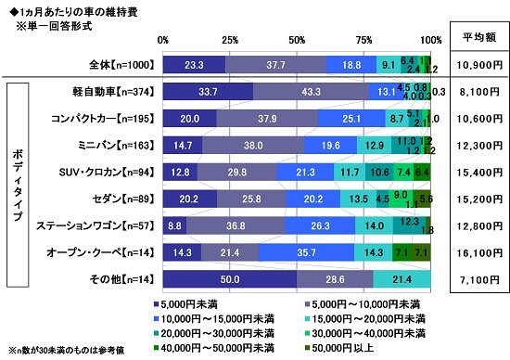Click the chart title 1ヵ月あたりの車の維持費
64,8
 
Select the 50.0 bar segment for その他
230,279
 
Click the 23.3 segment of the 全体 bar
194,65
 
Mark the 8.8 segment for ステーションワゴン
174,225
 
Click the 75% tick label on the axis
364,41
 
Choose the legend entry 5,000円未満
185,303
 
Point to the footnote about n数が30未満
56,350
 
